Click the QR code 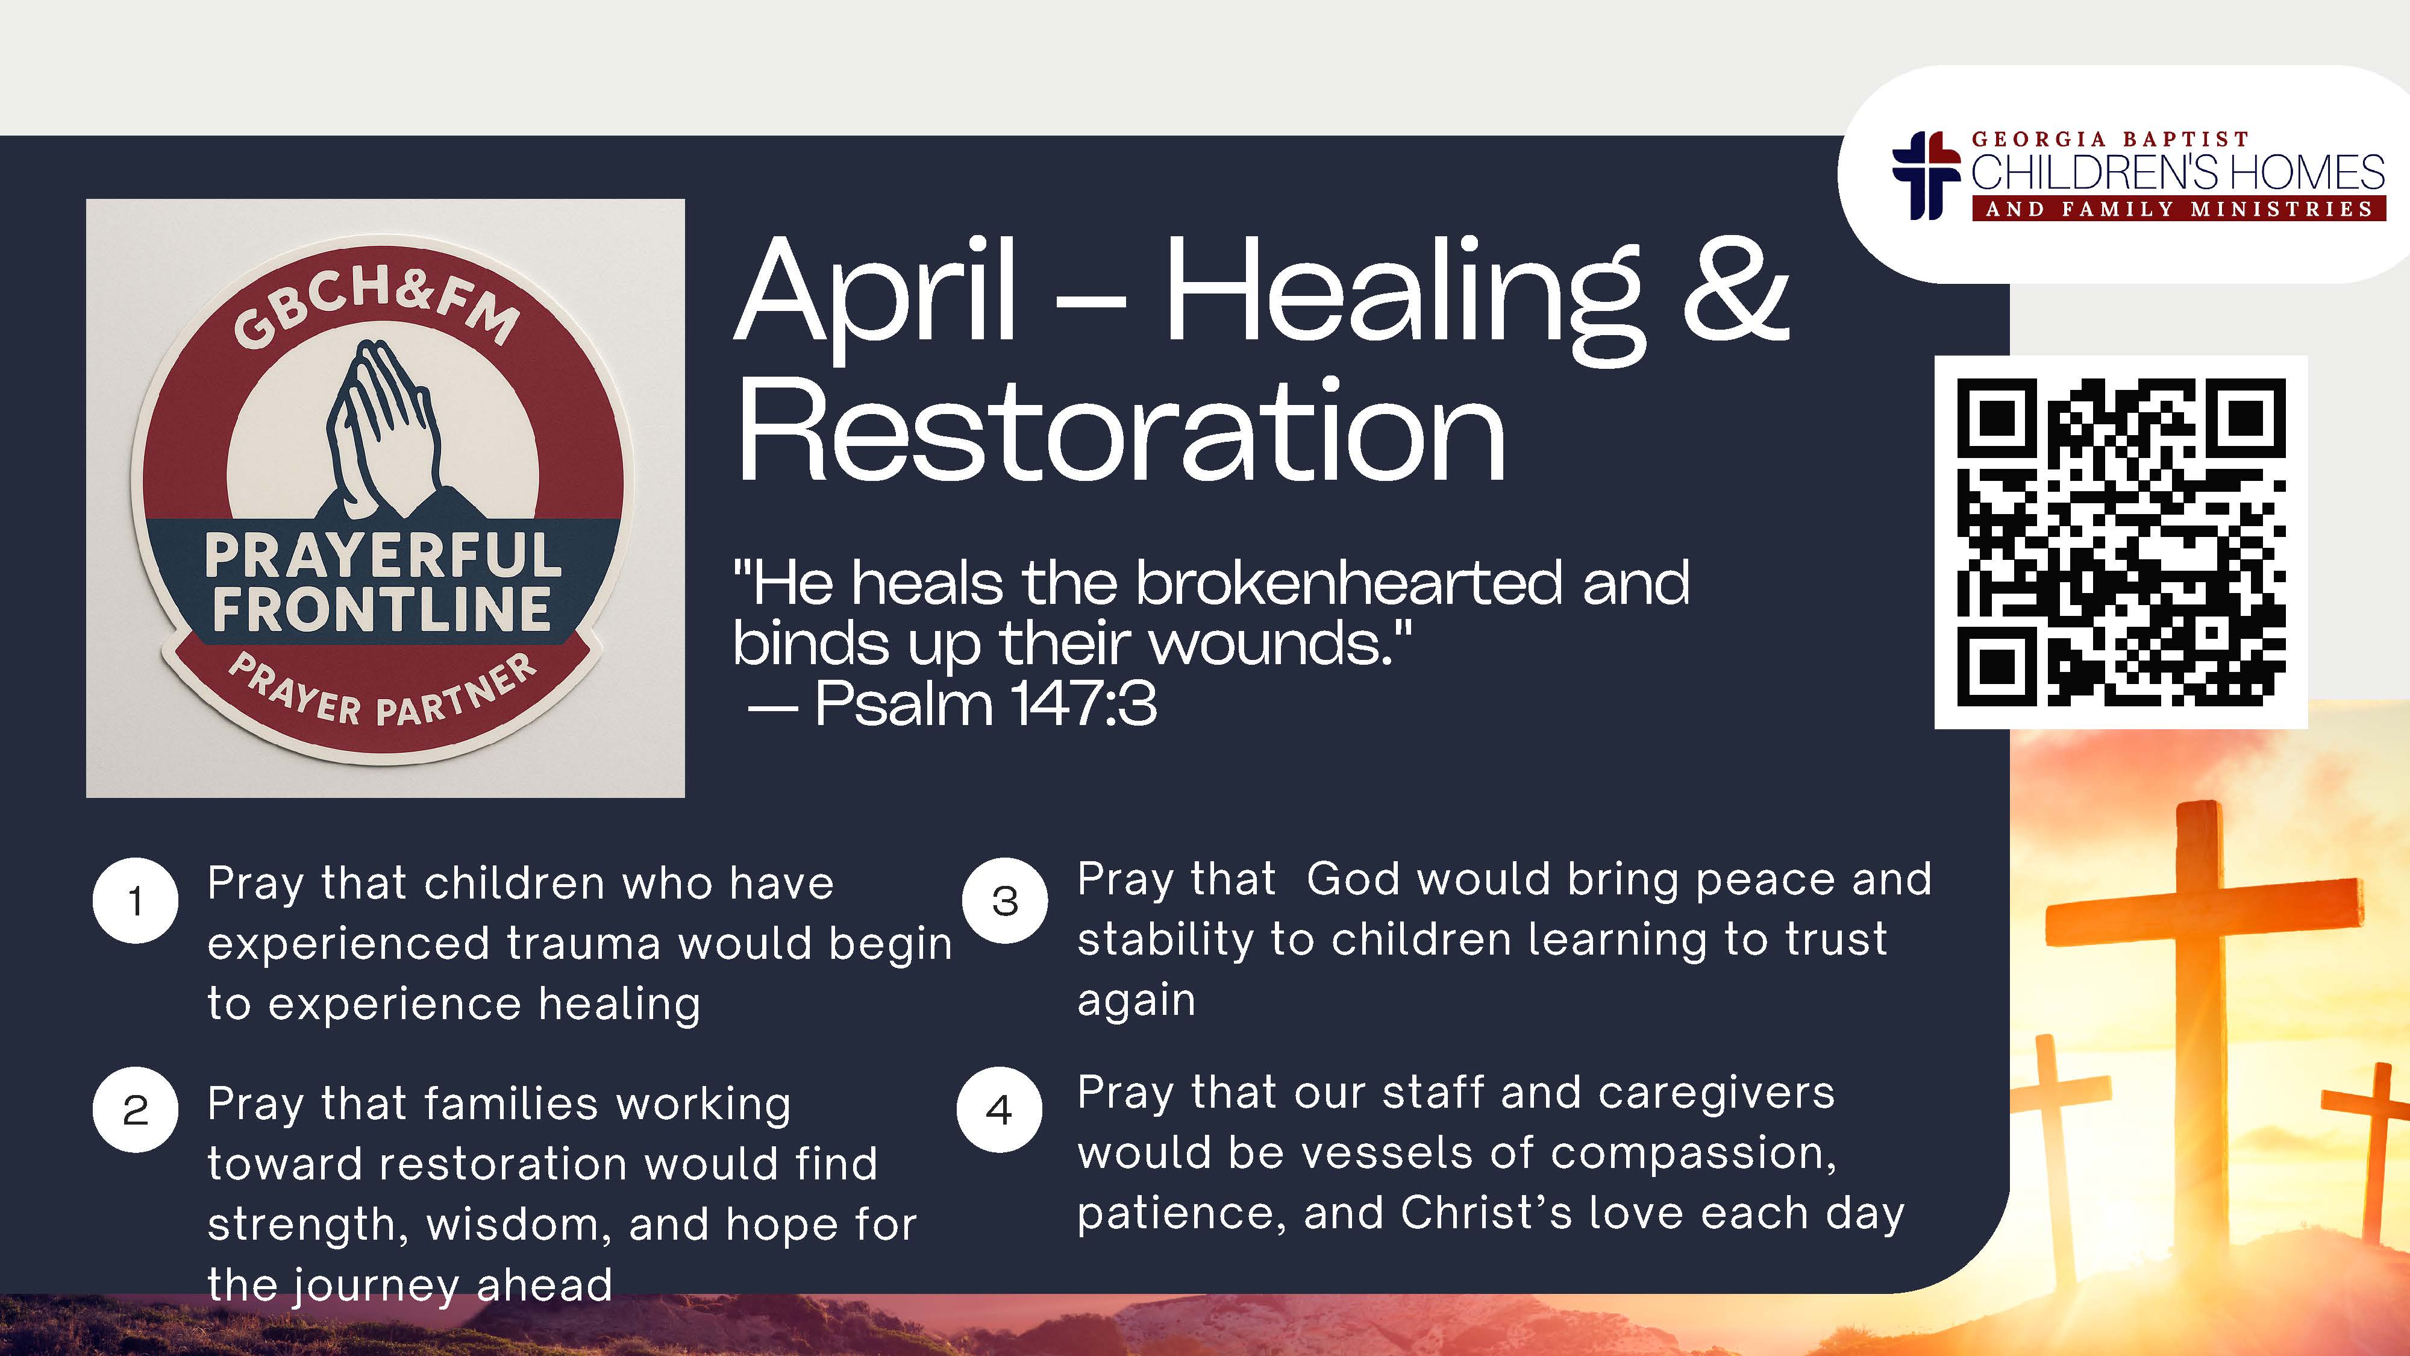[2121, 542]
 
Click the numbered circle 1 [136, 900]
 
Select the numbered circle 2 [136, 1110]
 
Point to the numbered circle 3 [1005, 900]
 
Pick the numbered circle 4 [999, 1110]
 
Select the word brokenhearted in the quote [1349, 582]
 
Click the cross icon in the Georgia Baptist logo [1926, 175]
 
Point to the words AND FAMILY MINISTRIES [2179, 209]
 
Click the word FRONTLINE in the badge [382, 609]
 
